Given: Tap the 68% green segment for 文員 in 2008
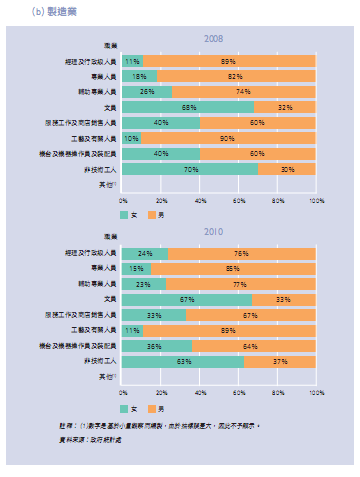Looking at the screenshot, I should [188, 107].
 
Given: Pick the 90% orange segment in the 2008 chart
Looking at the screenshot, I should [229, 138].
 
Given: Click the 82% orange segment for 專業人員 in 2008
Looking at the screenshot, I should [237, 76].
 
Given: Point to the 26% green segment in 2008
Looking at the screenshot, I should [148, 91].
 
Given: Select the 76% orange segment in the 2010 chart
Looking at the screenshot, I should [242, 253].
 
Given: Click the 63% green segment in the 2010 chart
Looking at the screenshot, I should [183, 362].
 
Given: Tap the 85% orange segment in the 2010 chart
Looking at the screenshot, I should [234, 268].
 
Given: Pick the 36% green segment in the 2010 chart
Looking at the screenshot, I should [157, 346].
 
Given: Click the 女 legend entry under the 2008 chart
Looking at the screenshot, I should [126, 214].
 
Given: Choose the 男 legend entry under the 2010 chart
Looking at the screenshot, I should [156, 407].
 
